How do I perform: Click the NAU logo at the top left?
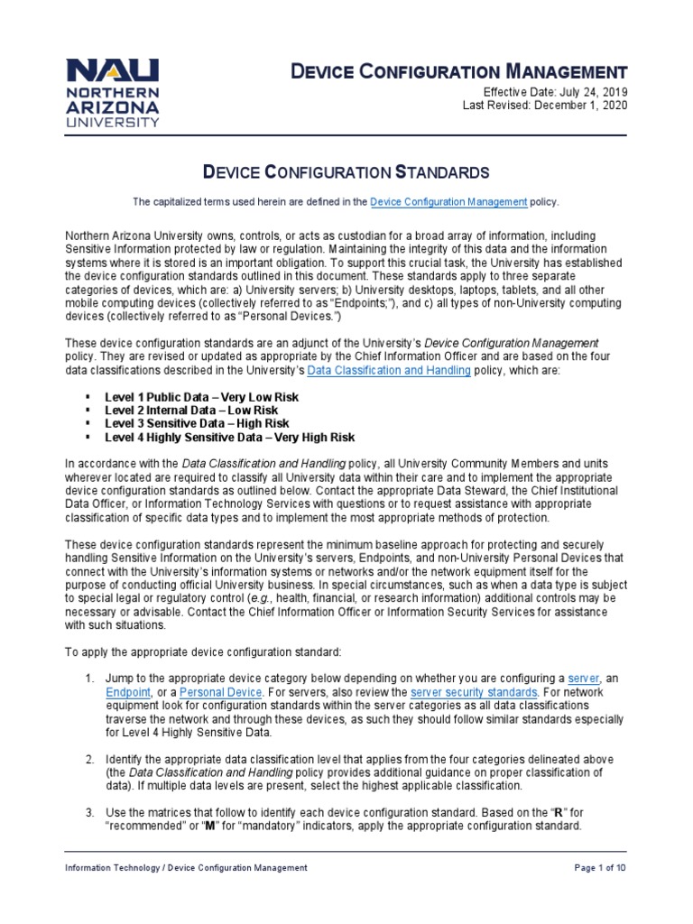(114, 93)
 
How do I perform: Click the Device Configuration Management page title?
(457, 71)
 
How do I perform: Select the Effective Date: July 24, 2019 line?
(545, 93)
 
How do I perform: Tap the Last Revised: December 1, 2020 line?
(545, 106)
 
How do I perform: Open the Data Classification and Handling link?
(389, 371)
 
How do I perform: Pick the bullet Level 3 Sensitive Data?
(197, 423)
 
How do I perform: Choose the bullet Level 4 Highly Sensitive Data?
(230, 437)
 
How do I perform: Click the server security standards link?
(475, 692)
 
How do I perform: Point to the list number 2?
(90, 759)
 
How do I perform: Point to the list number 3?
(90, 813)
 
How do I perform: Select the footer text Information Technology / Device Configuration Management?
(186, 867)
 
